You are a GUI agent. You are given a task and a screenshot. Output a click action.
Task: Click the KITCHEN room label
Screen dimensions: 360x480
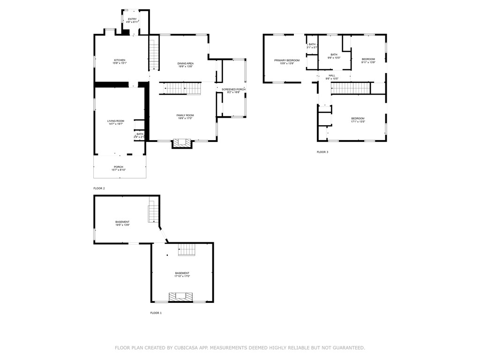[120, 60]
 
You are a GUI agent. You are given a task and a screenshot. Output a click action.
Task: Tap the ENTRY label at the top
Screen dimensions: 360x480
[132, 19]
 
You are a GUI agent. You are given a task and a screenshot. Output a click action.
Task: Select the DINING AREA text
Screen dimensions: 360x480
[186, 63]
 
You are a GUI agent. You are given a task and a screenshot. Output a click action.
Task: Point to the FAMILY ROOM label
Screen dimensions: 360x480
[185, 115]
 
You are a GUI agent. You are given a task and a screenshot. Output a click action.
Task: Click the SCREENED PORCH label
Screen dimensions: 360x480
[233, 89]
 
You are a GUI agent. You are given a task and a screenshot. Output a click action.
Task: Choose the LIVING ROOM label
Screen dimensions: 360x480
[116, 121]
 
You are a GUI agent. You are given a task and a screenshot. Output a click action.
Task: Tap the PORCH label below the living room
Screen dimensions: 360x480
[119, 167]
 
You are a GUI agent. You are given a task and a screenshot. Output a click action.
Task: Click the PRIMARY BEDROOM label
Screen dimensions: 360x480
[287, 60]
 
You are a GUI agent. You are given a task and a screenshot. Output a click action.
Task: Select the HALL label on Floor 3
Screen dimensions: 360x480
[332, 75]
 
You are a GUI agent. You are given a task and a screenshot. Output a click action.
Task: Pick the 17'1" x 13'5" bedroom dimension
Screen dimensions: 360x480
[358, 121]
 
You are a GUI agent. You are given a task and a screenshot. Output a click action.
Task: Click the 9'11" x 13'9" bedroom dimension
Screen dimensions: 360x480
[368, 62]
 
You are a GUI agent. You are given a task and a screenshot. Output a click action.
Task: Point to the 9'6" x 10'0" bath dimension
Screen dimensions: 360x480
[334, 58]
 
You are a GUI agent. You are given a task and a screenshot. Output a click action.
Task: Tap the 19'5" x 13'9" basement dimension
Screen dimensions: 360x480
[122, 225]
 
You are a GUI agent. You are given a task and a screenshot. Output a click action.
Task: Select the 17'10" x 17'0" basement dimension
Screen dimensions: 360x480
[182, 276]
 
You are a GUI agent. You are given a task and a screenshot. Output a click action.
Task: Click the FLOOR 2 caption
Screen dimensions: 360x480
[99, 188]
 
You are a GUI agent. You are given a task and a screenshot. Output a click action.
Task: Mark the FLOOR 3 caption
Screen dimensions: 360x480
[322, 152]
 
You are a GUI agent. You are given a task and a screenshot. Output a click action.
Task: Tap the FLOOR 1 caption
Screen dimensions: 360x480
[156, 313]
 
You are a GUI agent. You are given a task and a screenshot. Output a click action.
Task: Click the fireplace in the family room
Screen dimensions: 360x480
[182, 142]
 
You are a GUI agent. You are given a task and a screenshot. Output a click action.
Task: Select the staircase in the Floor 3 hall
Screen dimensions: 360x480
[351, 88]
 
